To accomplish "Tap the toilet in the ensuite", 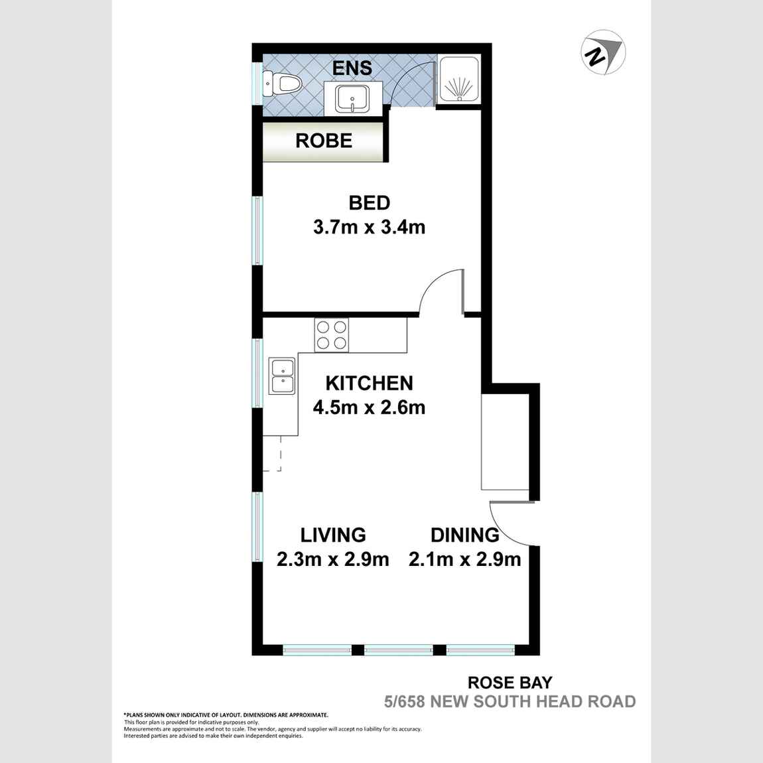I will coord(283,84).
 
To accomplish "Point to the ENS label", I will coord(352,68).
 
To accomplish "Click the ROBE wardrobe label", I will coord(324,141).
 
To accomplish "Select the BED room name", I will coord(369,203).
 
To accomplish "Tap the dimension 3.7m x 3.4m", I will coord(369,228).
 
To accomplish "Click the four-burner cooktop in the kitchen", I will coord(331,334).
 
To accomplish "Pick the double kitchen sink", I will coord(282,376).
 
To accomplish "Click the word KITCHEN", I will coord(369,383).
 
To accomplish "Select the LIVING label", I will coord(333,535).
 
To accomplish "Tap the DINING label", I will coord(464,535).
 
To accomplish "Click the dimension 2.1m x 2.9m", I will coord(464,559).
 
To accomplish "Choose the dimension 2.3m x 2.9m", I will coord(333,559).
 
